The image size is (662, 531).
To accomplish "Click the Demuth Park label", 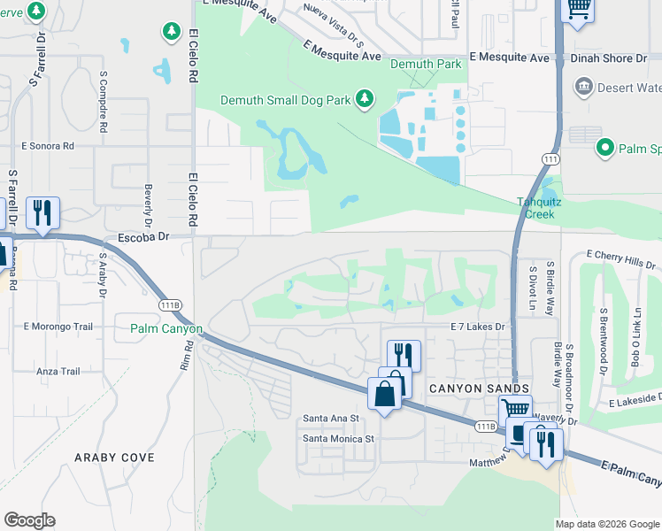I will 429,64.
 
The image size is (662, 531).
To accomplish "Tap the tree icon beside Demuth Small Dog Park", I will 364,99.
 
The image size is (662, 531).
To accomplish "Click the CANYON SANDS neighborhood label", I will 479,389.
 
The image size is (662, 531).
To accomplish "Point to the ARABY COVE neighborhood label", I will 115,458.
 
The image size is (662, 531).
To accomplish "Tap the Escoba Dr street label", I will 142,237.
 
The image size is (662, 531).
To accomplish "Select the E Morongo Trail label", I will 58,327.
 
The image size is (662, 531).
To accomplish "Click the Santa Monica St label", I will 339,438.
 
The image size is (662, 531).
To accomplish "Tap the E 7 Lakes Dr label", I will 476,327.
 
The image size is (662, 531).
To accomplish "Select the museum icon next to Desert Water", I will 583,87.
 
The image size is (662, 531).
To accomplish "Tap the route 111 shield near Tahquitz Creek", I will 550,158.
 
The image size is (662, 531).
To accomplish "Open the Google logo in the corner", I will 29,520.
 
